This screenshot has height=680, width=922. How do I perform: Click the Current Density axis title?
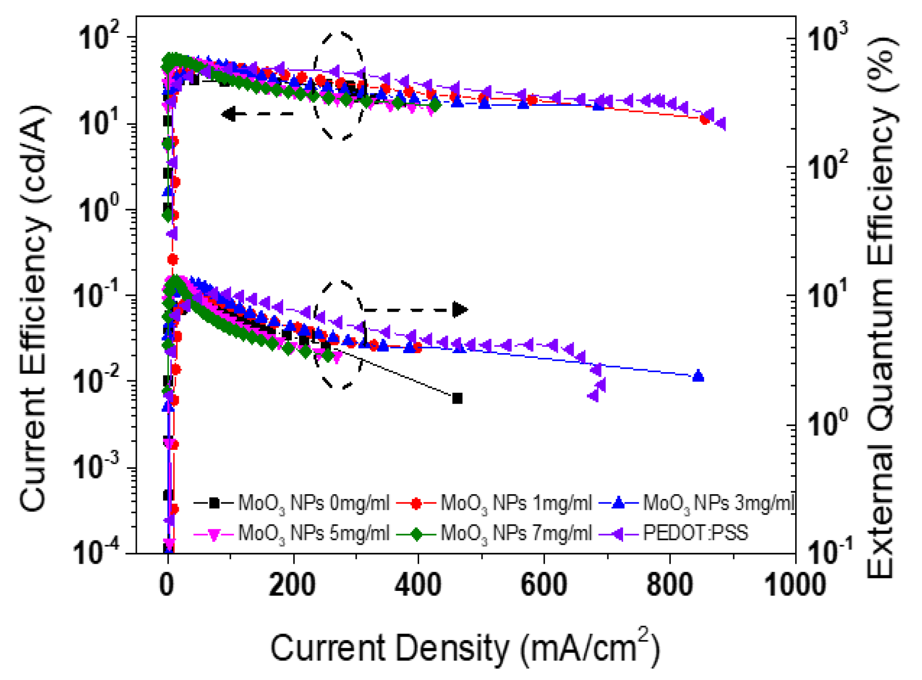point(465,648)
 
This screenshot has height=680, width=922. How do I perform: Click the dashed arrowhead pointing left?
point(230,114)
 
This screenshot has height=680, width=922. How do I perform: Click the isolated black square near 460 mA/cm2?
point(457,398)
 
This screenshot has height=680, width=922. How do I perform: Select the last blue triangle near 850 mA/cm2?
point(698,376)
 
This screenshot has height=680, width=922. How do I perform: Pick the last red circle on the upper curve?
point(705,120)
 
